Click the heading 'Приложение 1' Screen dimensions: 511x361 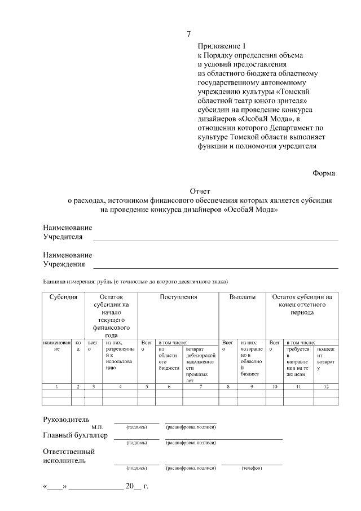pos(222,46)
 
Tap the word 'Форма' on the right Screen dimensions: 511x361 pos(324,173)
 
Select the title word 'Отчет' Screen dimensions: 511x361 pos(200,191)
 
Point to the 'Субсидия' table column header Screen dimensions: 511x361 pos(63,297)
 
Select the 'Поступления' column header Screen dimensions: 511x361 pos(178,297)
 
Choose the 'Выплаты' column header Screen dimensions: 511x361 pos(243,297)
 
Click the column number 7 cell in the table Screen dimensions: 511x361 pos(200,387)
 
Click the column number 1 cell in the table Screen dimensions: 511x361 pos(56,387)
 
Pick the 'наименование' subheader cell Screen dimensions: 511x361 pos(56,346)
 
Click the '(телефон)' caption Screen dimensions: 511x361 pos(252,468)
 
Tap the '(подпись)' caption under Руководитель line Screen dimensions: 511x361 pos(137,427)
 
